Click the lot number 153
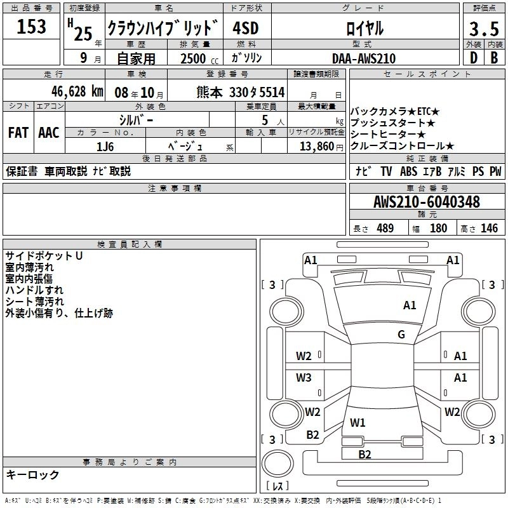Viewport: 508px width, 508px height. pos(32,27)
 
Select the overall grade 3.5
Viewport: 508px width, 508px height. pos(483,29)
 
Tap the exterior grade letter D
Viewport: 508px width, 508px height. pos(473,58)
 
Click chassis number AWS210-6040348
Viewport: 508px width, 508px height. pos(427,203)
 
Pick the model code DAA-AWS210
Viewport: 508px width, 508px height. pos(364,58)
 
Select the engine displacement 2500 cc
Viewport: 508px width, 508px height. pos(194,58)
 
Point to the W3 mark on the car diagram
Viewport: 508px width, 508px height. pos(304,378)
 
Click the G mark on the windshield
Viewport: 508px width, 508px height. pos(401,335)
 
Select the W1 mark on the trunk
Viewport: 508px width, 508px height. pos(358,422)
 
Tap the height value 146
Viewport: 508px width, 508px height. pos(489,229)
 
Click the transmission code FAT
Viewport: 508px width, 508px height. pos(18,133)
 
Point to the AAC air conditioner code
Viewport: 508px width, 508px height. pos(48,133)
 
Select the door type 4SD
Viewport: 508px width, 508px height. pos(246,29)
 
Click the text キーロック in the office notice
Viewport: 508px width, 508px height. pos(33,475)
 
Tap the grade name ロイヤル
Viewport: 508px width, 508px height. pos(364,29)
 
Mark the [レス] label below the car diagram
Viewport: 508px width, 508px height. pos(277,487)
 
